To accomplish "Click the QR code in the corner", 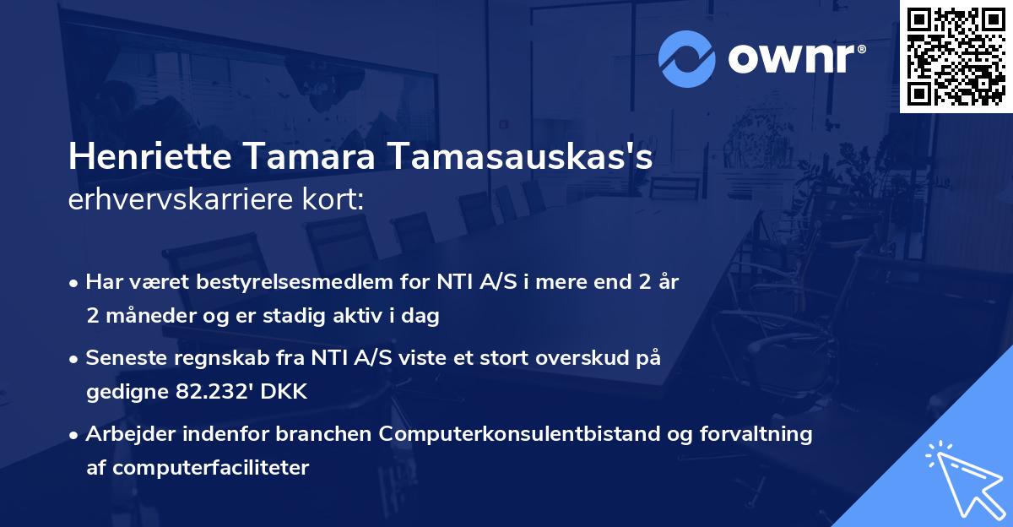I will tap(956, 57).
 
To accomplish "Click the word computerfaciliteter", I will tap(198, 467).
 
